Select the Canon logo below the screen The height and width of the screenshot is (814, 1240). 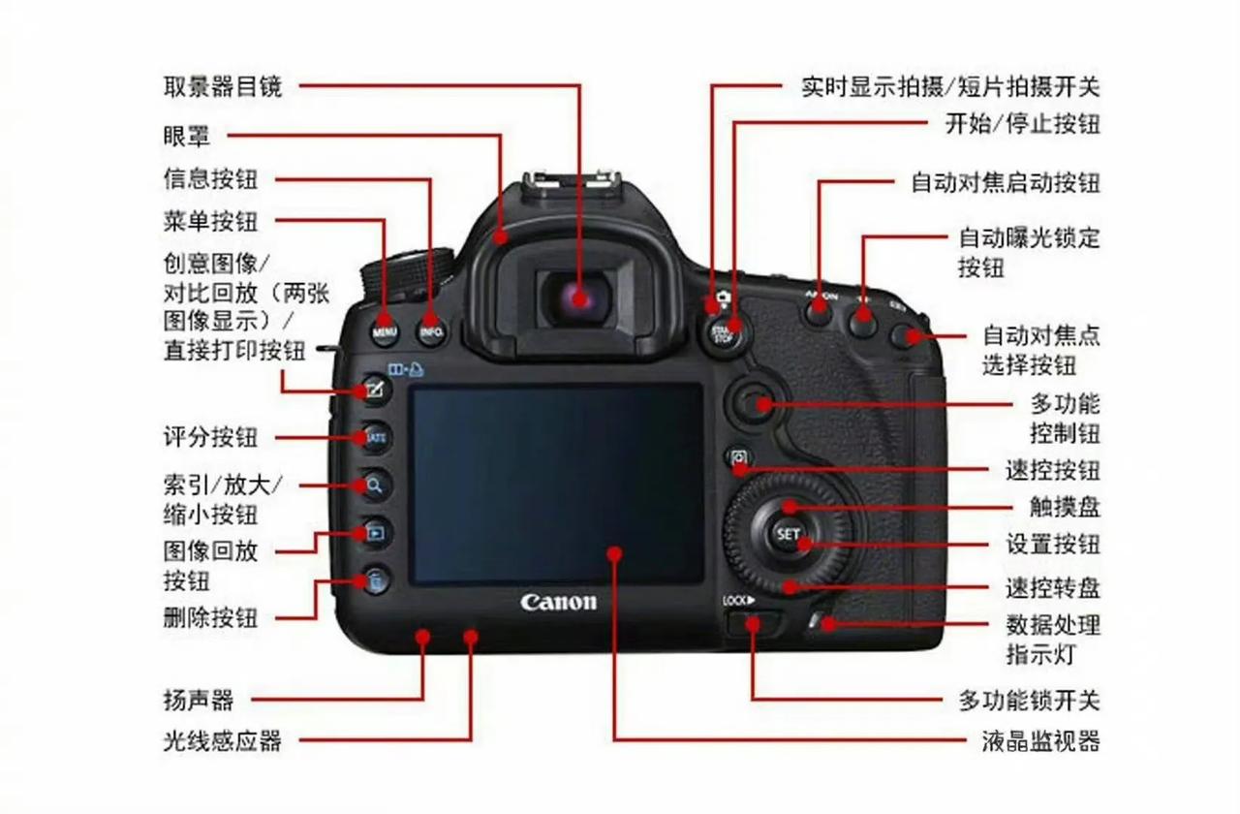(559, 602)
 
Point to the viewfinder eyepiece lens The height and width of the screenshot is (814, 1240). (578, 297)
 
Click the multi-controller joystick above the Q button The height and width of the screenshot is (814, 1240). (755, 401)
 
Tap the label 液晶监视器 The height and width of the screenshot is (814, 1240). (1040, 741)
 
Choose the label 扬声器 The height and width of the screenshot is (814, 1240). (199, 699)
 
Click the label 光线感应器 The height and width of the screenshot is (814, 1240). (223, 741)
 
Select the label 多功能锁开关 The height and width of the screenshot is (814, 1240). (1029, 700)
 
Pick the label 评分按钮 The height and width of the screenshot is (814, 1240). (211, 437)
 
